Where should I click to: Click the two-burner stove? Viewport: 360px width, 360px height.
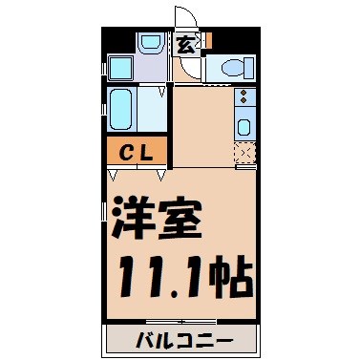coord(243,98)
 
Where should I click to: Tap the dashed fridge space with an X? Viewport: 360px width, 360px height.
coord(244,153)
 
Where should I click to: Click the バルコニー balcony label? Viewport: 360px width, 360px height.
coord(180,340)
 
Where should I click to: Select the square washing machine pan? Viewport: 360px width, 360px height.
coord(121,68)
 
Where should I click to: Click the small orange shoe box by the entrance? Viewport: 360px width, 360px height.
coord(205,42)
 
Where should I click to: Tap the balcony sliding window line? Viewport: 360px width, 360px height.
coord(181,320)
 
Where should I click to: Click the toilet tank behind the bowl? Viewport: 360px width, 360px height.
coord(247,68)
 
